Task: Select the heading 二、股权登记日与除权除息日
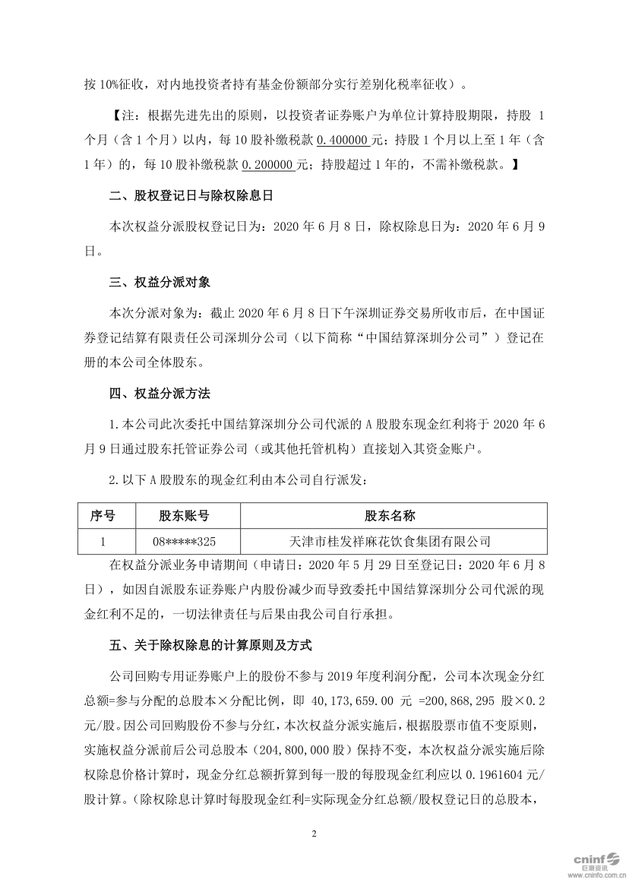tap(191, 196)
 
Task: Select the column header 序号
tap(103, 516)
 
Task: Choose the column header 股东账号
tap(185, 516)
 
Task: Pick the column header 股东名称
tap(390, 516)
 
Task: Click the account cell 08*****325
tap(185, 542)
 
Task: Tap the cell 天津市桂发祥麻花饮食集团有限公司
tap(390, 542)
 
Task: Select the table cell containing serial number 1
tap(103, 542)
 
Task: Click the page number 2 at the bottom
tap(314, 834)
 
